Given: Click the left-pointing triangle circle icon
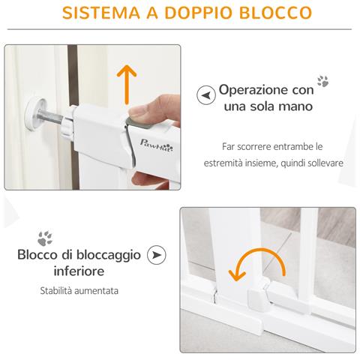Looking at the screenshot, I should point(203,96).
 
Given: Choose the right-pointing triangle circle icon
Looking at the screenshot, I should point(157,255).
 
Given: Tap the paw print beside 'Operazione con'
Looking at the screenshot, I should point(323,81).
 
